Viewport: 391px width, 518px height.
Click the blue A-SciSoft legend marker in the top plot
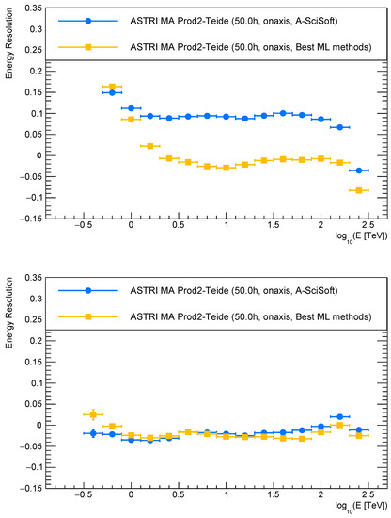click(x=87, y=21)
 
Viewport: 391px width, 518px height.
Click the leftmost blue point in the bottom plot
click(x=92, y=433)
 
